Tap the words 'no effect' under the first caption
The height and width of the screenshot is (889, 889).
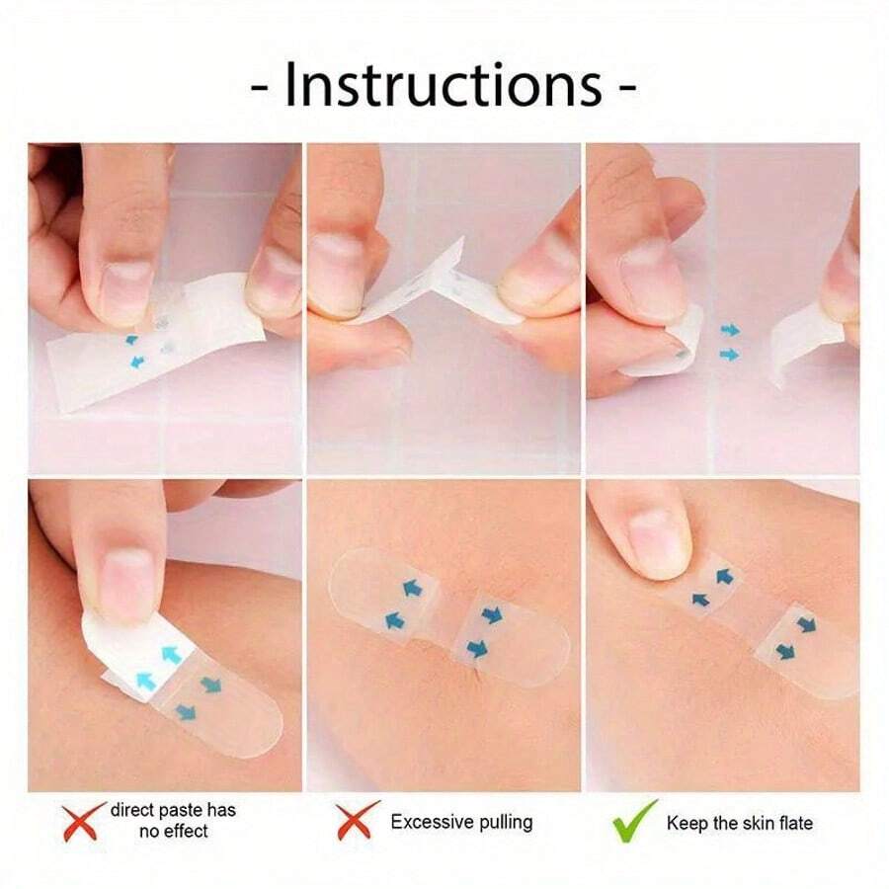click(173, 832)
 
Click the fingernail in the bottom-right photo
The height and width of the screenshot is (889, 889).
click(653, 540)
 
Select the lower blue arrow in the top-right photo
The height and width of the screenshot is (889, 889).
click(729, 354)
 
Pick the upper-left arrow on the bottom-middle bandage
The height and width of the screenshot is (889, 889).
click(408, 590)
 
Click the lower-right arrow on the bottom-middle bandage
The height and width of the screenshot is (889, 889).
click(478, 648)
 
